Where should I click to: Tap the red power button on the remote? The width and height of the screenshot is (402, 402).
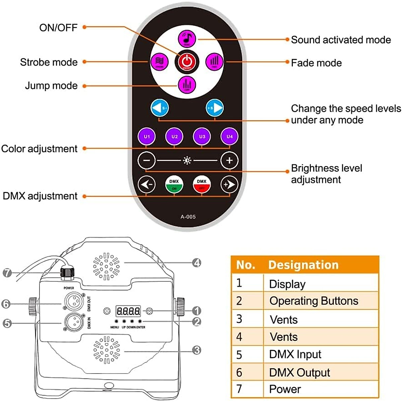click(187, 62)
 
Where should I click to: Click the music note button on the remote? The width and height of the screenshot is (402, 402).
click(187, 38)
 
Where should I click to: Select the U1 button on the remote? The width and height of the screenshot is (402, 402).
click(147, 137)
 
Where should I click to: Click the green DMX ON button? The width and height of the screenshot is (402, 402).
click(174, 184)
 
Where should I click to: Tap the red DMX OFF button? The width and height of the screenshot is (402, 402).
click(202, 184)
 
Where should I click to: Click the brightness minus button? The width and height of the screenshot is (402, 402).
click(147, 160)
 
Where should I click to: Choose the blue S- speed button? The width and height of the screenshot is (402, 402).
click(159, 108)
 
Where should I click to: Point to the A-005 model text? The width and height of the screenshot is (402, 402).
click(188, 217)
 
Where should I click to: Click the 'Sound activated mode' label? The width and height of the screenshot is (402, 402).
click(341, 40)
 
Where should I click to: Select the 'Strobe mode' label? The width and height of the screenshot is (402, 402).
click(49, 62)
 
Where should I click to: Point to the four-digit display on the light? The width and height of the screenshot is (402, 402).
click(128, 311)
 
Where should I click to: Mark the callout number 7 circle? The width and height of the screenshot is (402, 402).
click(7, 273)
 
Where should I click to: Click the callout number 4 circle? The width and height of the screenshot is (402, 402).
click(197, 263)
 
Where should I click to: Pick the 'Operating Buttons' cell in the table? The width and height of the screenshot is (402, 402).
click(314, 301)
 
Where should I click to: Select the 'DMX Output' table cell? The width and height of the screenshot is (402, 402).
click(299, 373)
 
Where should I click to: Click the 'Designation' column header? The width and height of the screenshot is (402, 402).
click(303, 265)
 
